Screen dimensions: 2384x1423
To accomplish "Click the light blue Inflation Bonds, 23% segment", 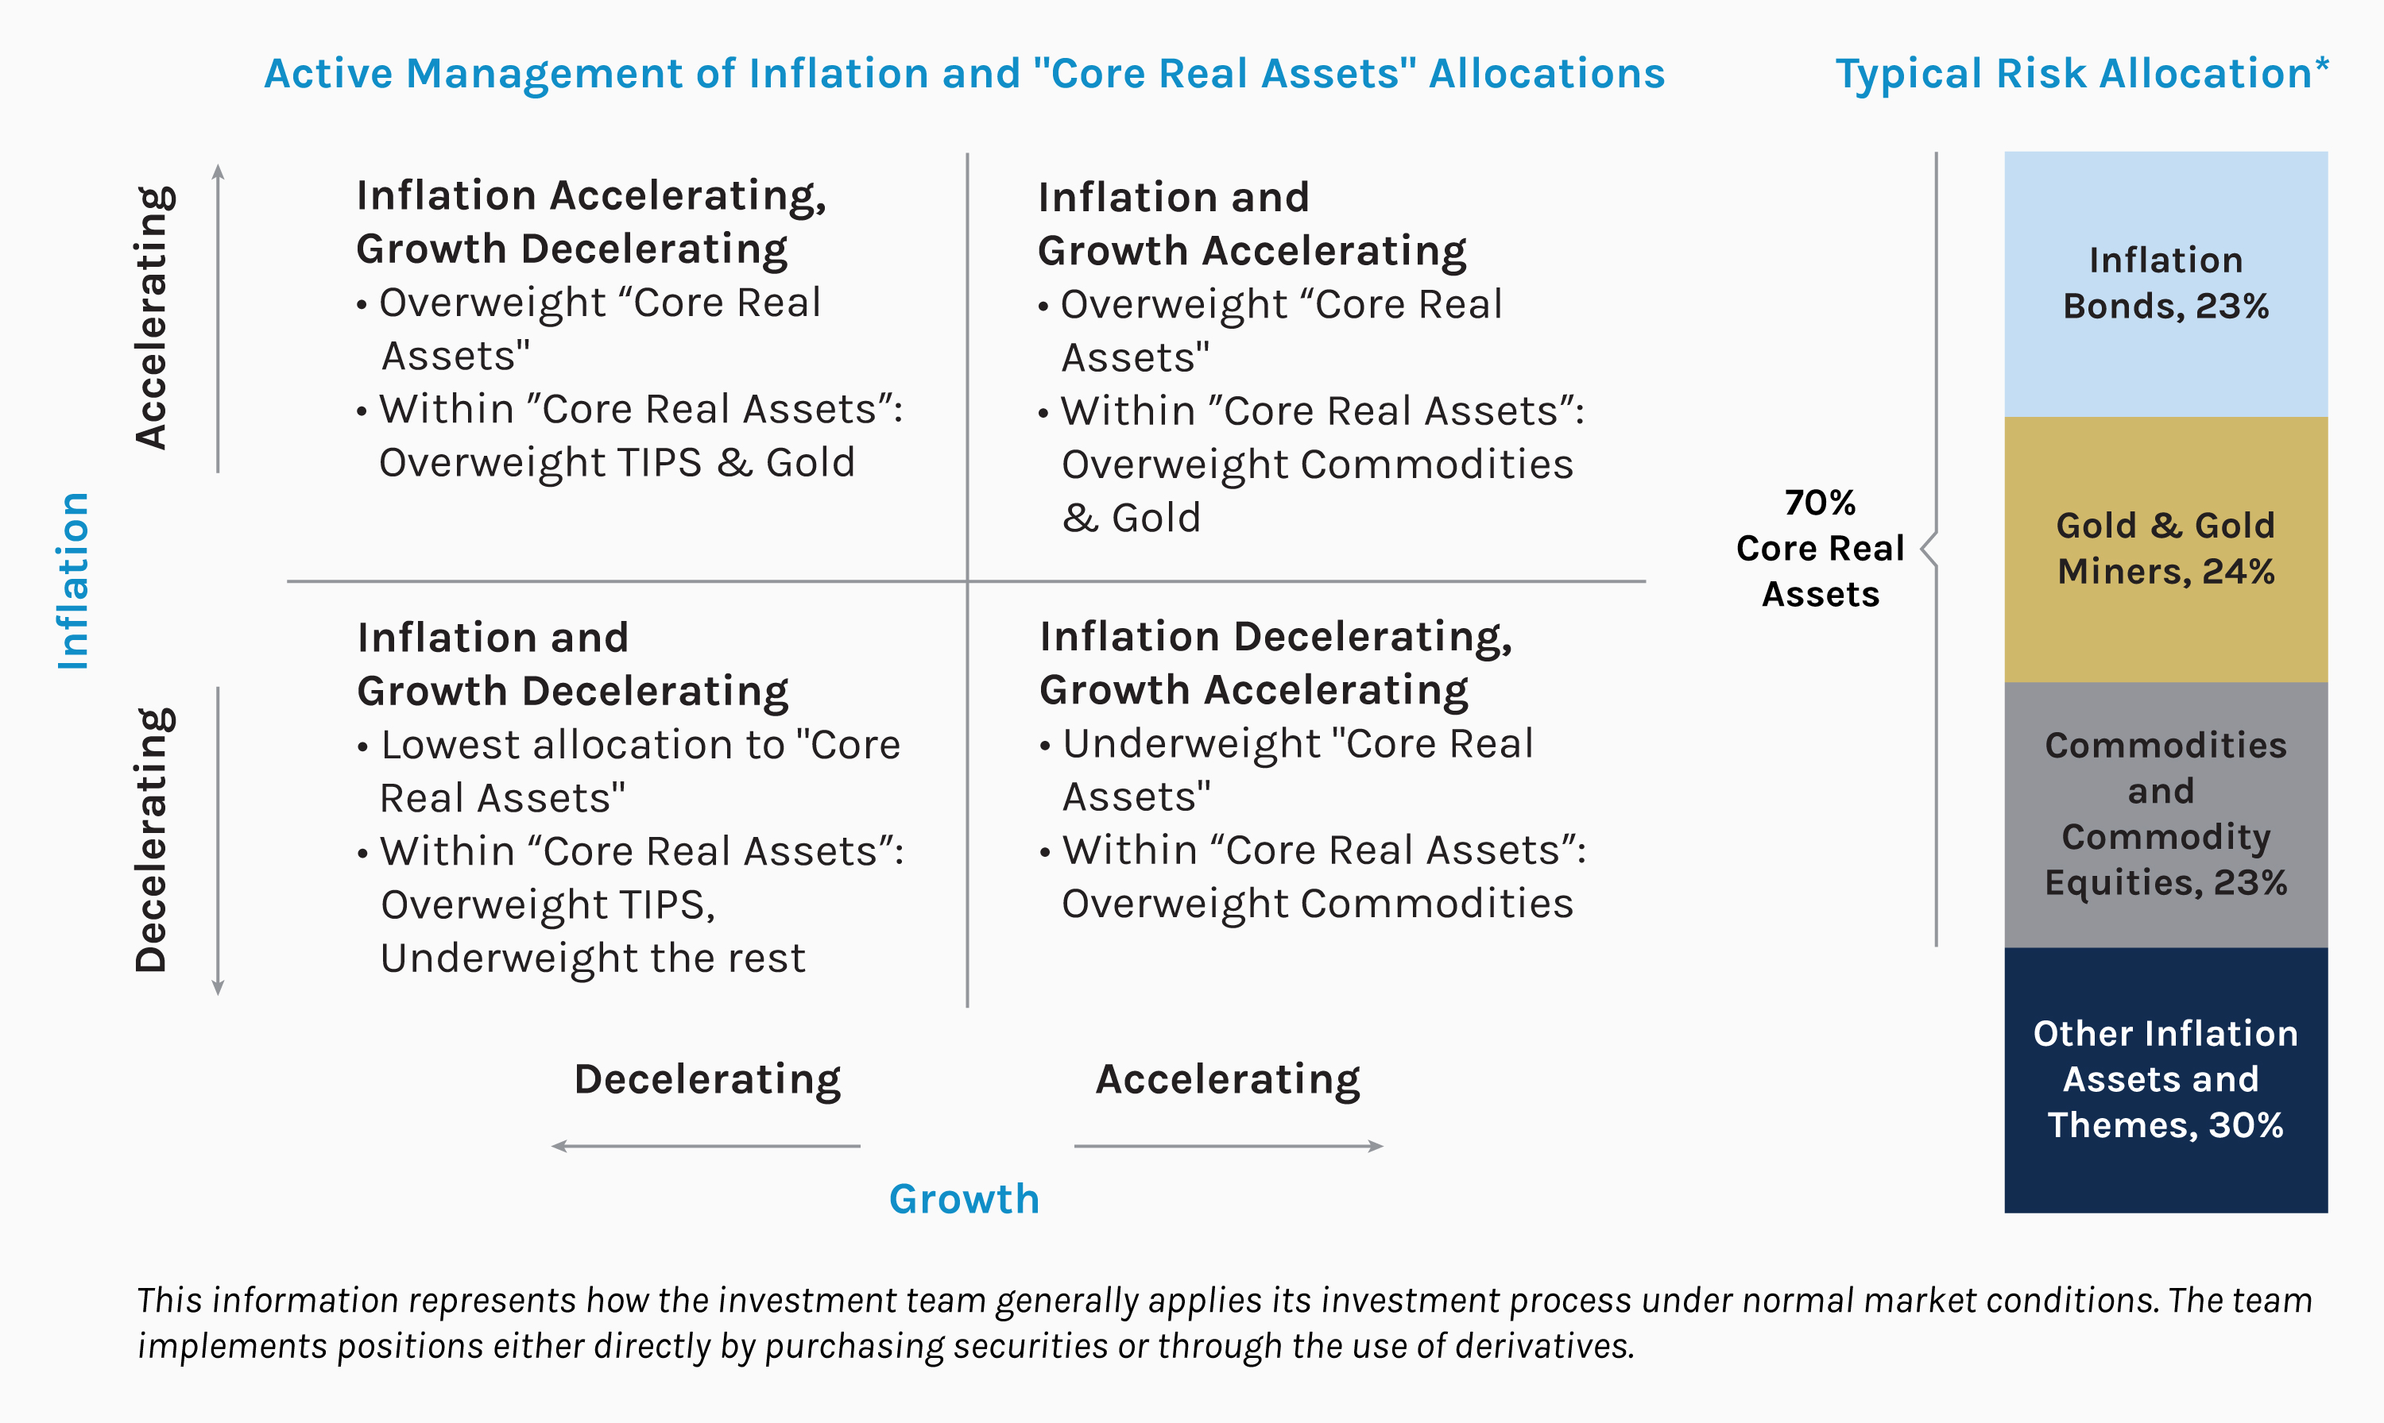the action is point(2165,283).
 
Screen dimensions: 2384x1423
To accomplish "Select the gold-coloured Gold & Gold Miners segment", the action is point(2165,550).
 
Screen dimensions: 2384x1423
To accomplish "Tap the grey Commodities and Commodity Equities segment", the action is point(2165,815).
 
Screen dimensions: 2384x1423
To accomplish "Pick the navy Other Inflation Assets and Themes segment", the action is point(2165,1081).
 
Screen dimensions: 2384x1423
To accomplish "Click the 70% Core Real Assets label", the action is point(1820,549).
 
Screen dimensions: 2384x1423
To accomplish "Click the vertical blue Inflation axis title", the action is point(73,581).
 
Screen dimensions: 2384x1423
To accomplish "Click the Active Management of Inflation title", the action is point(964,74).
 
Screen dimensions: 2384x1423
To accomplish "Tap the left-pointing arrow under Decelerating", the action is point(706,1146).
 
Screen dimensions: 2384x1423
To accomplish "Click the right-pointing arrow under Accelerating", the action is point(1229,1146).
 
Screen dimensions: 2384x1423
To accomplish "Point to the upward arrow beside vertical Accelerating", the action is point(218,318).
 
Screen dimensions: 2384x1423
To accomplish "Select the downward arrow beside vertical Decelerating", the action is point(218,841).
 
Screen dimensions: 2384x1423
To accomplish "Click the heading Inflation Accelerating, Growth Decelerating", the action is point(591,222).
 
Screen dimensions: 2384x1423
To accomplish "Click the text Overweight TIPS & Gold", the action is point(617,463).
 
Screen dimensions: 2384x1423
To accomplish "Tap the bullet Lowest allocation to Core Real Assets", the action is point(629,771).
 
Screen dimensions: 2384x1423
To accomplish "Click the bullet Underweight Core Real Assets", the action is point(1287,770).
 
